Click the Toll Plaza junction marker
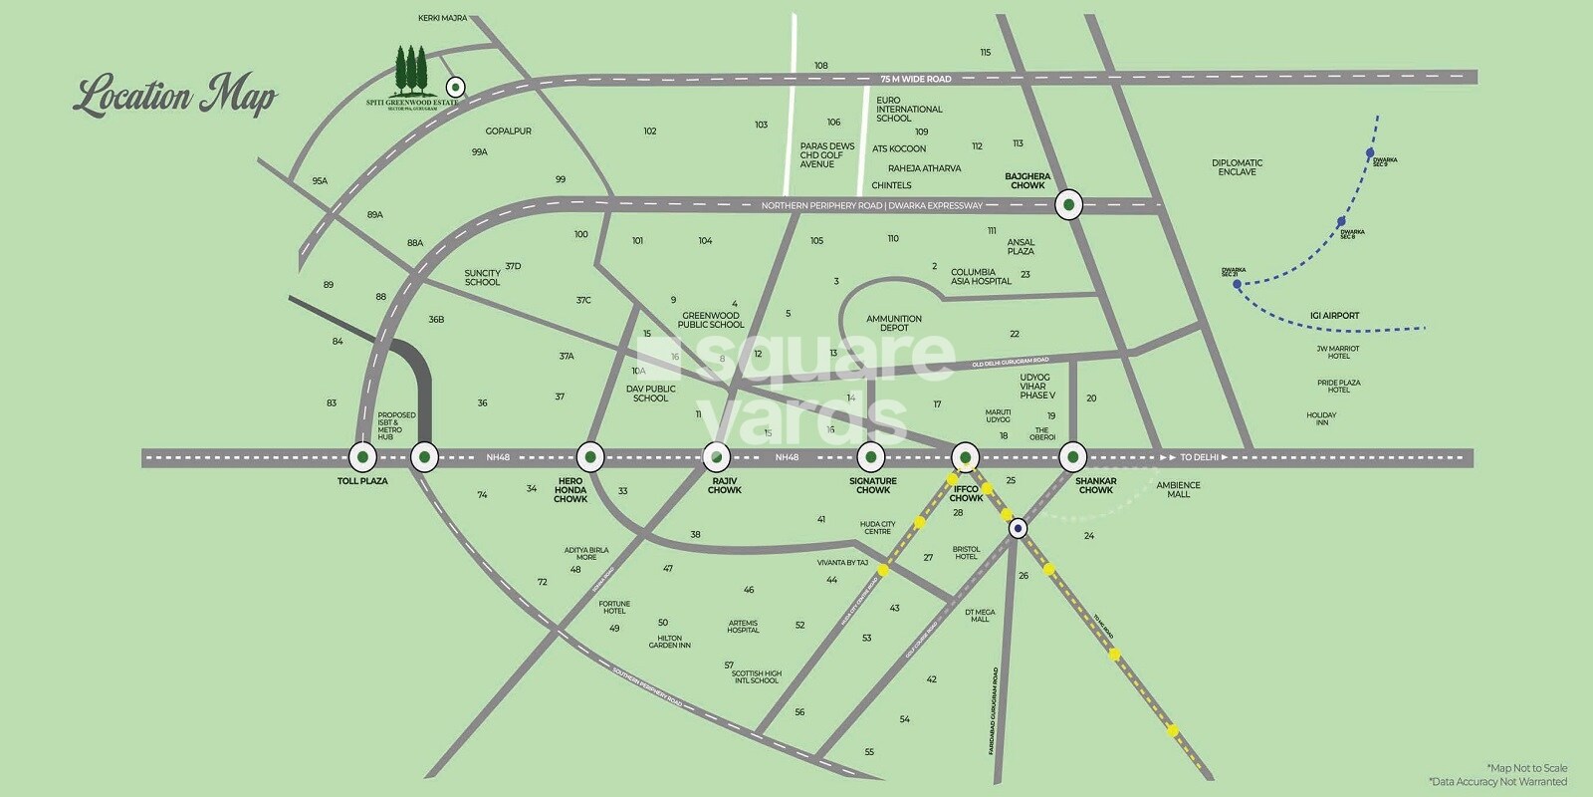[x=362, y=457]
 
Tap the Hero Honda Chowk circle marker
[x=590, y=457]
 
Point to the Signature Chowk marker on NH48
[x=872, y=457]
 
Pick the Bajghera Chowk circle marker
[x=1069, y=204]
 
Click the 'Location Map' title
[x=175, y=97]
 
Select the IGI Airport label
[x=1334, y=316]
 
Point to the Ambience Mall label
[x=1178, y=489]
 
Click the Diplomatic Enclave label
[x=1237, y=167]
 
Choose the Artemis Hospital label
[x=743, y=627]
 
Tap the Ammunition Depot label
[x=894, y=323]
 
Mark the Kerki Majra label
[x=442, y=18]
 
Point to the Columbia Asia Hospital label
[x=981, y=276]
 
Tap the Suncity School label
[x=483, y=277]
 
